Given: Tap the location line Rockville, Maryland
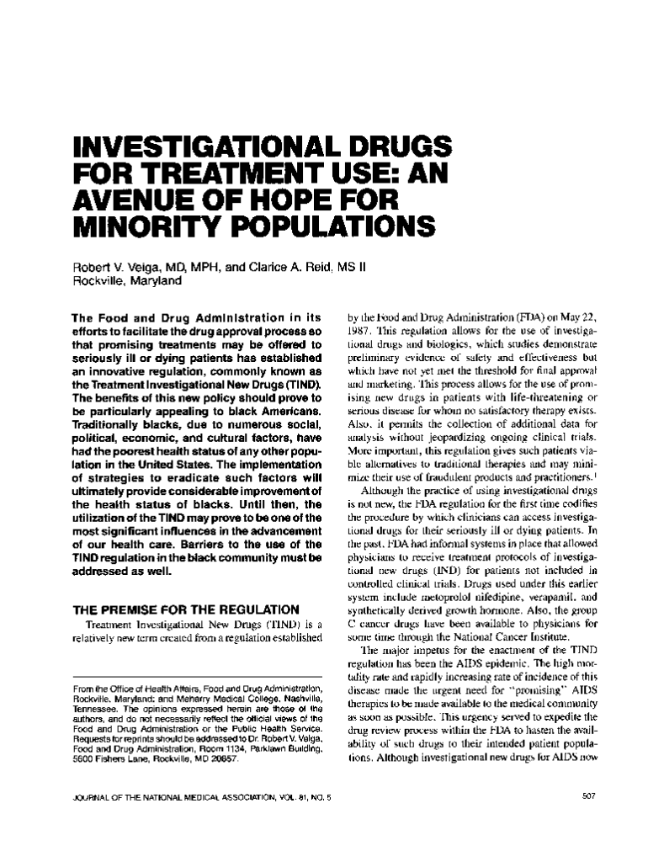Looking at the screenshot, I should (x=127, y=281).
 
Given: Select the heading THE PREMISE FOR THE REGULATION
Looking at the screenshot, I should (x=186, y=609).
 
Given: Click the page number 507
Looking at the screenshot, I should (x=589, y=795).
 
